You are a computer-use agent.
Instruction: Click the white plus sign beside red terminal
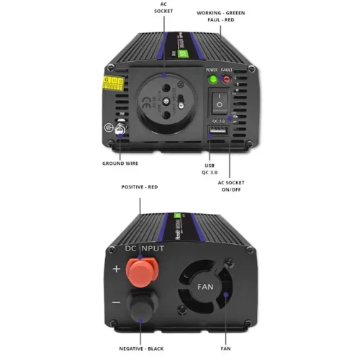click(x=115, y=269)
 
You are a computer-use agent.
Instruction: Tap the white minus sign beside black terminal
click(x=115, y=303)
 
